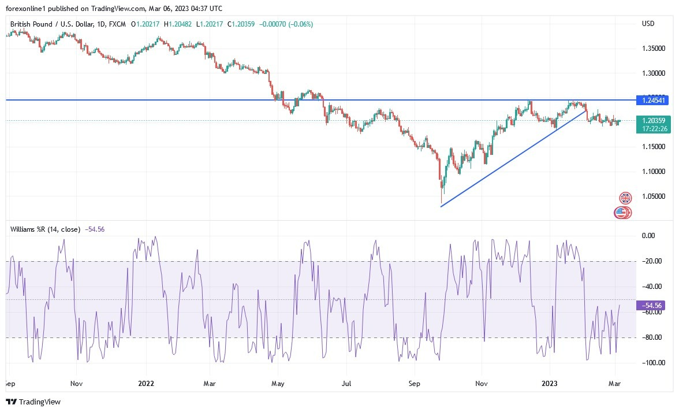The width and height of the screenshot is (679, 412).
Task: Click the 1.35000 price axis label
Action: coord(654,49)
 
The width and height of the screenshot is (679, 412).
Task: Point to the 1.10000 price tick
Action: coord(654,172)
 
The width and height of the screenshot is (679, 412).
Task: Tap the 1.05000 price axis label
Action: coord(654,196)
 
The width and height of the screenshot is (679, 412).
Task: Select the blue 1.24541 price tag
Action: coord(654,100)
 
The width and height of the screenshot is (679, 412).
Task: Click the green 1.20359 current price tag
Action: coord(654,120)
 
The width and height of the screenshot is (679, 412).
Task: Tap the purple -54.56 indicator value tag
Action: coord(654,305)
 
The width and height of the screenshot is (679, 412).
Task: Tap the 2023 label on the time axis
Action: coord(549,383)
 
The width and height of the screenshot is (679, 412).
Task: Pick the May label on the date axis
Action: coord(278,383)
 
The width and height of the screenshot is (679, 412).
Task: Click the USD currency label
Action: coord(648,24)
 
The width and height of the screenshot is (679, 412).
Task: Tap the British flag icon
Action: coord(625,198)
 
